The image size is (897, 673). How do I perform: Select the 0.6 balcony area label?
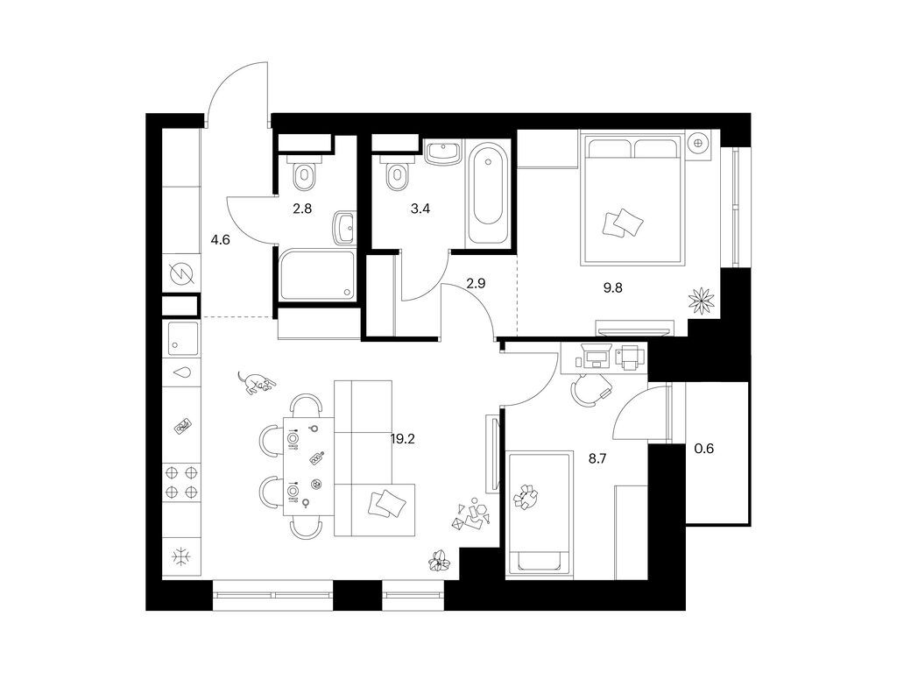pos(703,450)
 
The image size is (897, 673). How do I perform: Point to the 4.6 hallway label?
pos(220,237)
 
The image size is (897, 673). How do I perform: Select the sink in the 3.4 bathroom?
pos(445,154)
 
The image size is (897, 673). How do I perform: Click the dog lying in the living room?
pos(257,382)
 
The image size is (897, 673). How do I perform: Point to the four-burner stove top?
pos(181,482)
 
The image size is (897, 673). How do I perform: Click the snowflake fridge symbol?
pos(181,556)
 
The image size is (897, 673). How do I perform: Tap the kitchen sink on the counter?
pos(183,335)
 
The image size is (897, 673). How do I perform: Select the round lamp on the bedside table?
pos(700,142)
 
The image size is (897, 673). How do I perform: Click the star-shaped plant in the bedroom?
pos(703,301)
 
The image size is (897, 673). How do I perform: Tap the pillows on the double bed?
pos(623,223)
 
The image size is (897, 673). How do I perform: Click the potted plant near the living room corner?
pos(438,559)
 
